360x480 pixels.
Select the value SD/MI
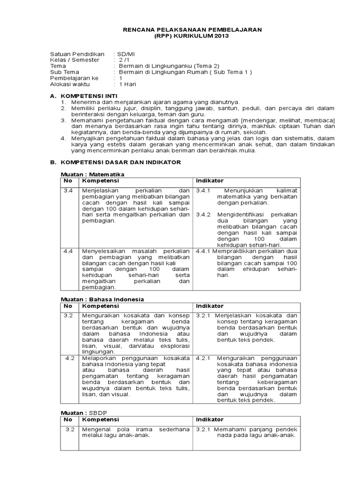[x=125, y=54]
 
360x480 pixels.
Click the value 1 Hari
[x=127, y=84]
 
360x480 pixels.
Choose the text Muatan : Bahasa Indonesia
[x=103, y=299]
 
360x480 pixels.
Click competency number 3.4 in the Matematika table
[x=68, y=191]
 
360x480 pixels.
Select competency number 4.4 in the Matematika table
[x=68, y=251]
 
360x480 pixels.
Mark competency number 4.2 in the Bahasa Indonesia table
[x=70, y=358]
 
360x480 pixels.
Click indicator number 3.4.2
[x=204, y=215]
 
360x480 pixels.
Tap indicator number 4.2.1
[x=204, y=358]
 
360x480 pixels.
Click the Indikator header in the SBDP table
[x=210, y=420]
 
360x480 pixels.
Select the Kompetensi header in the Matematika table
[x=101, y=181]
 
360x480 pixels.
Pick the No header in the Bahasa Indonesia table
[x=68, y=306]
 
